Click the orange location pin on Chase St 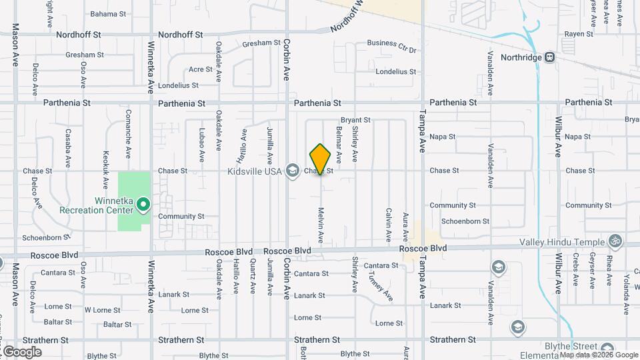(x=321, y=159)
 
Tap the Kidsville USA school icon (x=291, y=171)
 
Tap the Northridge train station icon (x=550, y=57)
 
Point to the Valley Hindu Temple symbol (x=615, y=242)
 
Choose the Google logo (x=22, y=351)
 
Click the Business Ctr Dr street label (x=391, y=43)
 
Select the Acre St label (x=200, y=69)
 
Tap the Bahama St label (x=108, y=13)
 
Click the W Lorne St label (x=103, y=310)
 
